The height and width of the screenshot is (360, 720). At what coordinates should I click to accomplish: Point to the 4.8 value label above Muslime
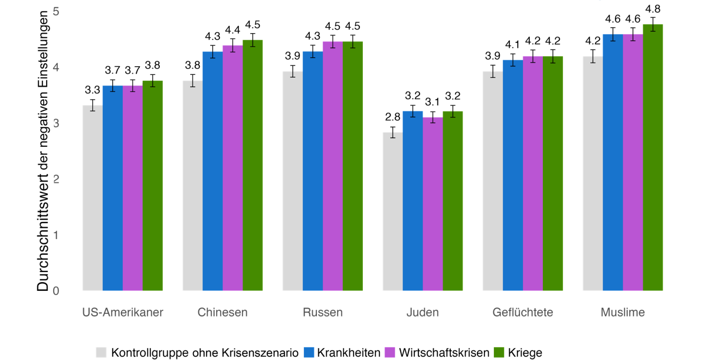(x=652, y=9)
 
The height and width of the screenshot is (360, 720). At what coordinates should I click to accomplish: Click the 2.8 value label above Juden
(x=393, y=117)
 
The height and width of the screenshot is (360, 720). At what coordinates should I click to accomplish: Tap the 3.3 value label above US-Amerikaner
(x=93, y=90)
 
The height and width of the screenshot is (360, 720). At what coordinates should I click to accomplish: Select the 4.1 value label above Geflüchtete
(x=513, y=45)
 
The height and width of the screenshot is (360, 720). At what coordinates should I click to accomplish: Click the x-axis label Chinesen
(x=223, y=313)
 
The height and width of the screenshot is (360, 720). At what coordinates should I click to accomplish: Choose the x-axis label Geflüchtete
(x=523, y=313)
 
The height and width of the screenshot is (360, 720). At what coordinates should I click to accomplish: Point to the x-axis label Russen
(x=323, y=313)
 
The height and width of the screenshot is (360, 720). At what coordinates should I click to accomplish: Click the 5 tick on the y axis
(x=70, y=12)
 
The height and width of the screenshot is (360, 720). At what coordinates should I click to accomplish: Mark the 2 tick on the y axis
(x=70, y=180)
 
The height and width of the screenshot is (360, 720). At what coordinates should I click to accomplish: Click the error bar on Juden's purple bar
(x=432, y=117)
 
